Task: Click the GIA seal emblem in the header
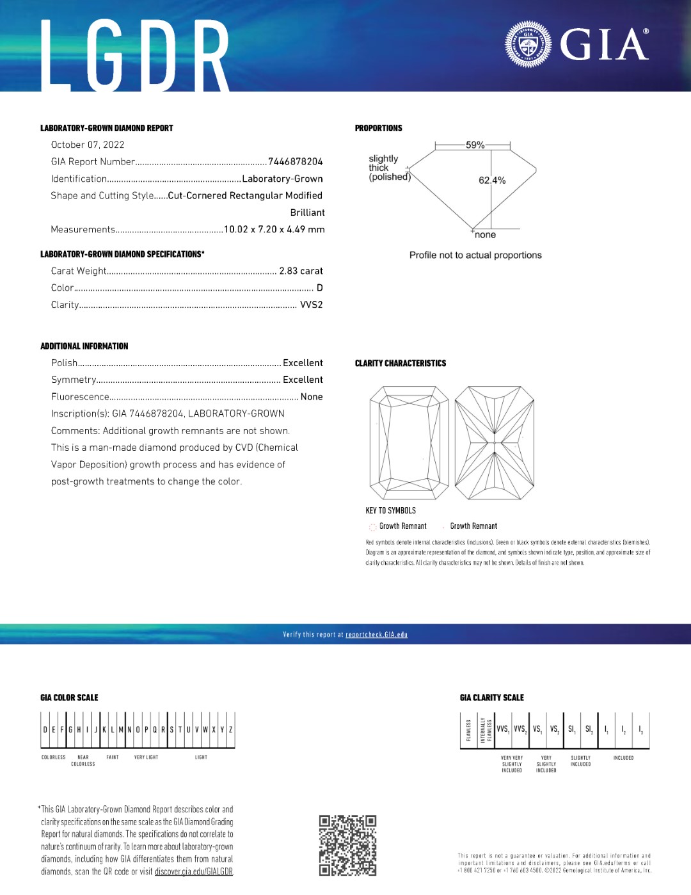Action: point(528,44)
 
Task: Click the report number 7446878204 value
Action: point(295,162)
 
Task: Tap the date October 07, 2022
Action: point(88,145)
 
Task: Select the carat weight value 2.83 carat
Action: point(301,271)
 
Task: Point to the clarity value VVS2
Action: point(311,305)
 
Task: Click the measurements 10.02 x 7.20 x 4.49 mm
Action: point(274,230)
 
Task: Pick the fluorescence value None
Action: point(312,397)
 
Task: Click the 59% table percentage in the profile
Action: point(475,145)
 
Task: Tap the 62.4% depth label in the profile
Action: point(492,181)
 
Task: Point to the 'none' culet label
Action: point(485,235)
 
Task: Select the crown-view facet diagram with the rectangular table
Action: point(409,442)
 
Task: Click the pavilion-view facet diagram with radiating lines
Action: point(494,442)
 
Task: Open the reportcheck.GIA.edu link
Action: point(376,635)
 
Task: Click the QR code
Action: point(347,845)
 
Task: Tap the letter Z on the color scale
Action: point(231,730)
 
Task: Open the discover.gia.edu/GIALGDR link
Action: point(194,872)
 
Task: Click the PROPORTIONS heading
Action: point(379,129)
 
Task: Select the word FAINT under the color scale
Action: point(113,757)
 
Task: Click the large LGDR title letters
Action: point(135,56)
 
